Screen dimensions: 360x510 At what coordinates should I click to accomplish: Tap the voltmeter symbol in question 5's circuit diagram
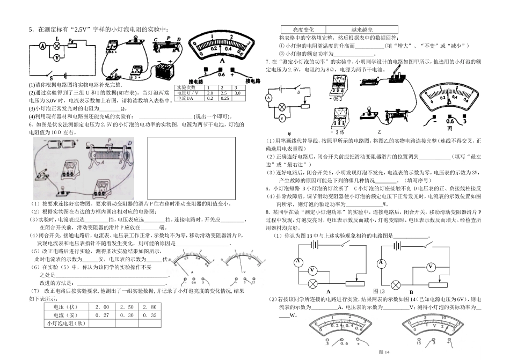click(57, 54)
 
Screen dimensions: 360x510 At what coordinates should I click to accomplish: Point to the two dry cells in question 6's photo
click(56, 145)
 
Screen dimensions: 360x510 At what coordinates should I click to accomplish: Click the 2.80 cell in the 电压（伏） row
click(150, 306)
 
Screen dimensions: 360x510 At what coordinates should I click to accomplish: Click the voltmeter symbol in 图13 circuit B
click(430, 267)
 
